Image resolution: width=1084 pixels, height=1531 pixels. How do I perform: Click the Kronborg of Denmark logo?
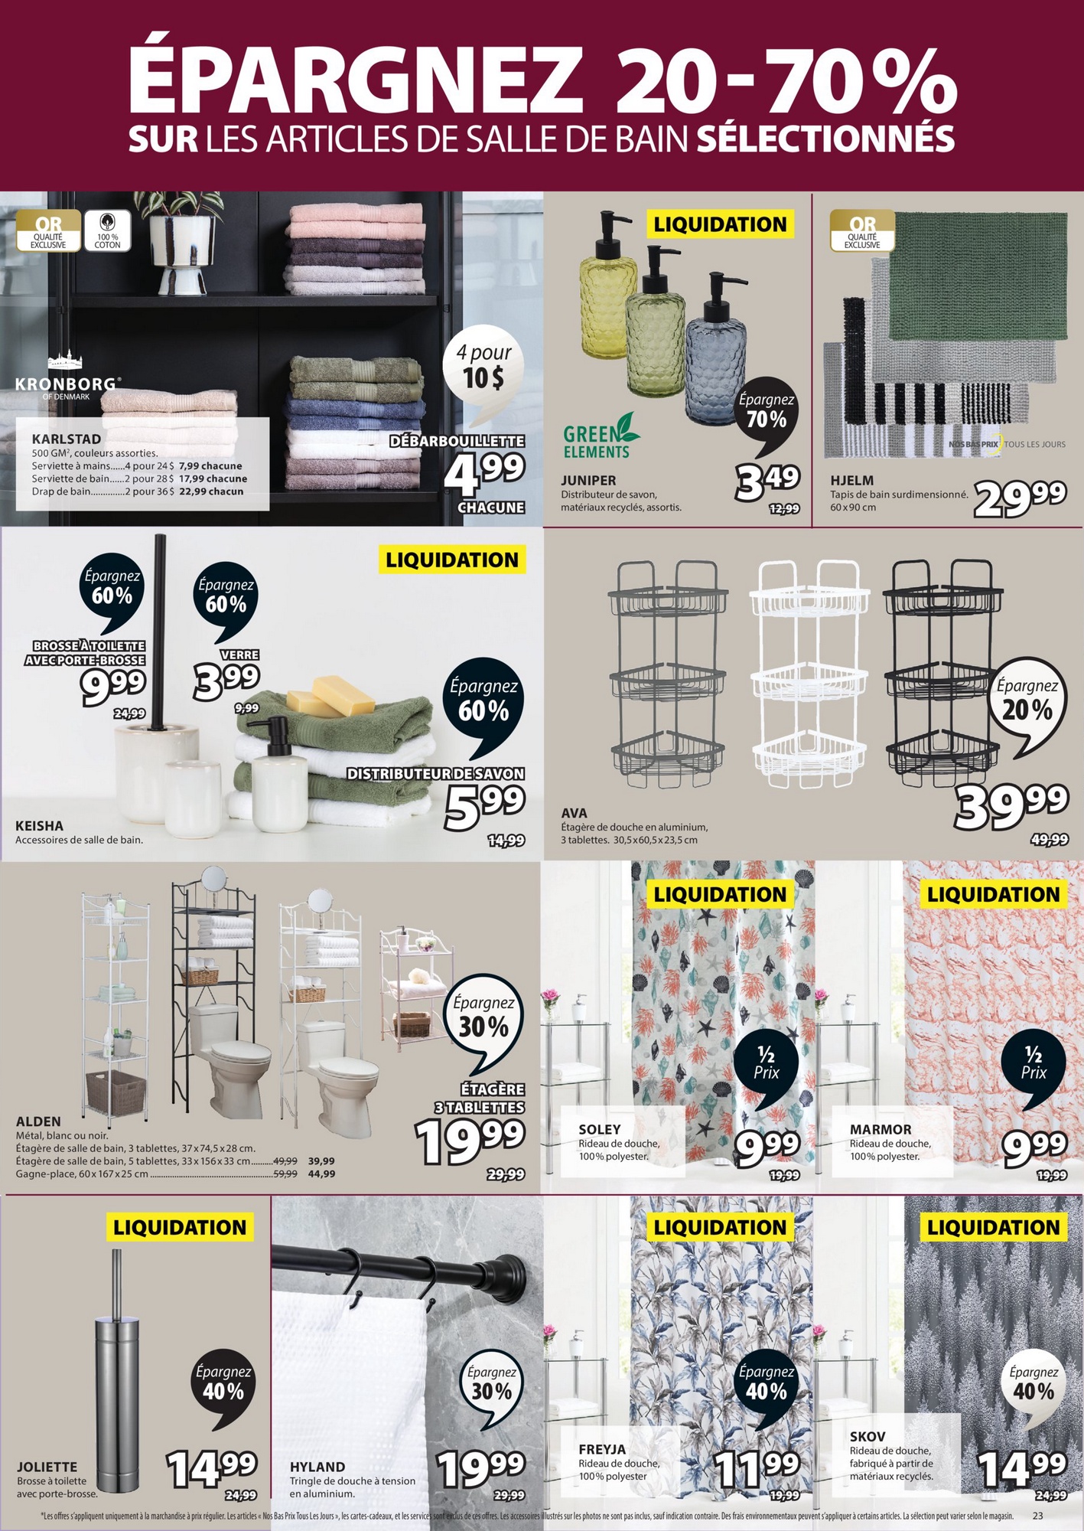pyautogui.click(x=68, y=376)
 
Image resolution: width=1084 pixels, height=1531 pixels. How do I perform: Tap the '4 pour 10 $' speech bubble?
pyautogui.click(x=483, y=372)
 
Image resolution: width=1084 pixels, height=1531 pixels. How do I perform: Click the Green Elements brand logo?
pyautogui.click(x=601, y=436)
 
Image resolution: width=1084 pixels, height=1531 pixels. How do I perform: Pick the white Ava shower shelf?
pyautogui.click(x=810, y=673)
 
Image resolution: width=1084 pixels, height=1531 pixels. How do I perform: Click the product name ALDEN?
pyautogui.click(x=38, y=1121)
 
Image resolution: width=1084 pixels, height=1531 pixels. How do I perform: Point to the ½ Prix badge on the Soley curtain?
pyautogui.click(x=766, y=1066)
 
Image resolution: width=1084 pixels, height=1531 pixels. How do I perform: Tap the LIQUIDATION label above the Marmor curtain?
pyautogui.click(x=993, y=894)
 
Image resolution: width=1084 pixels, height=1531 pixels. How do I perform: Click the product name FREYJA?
pyautogui.click(x=602, y=1450)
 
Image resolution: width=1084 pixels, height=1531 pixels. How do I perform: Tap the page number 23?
pyautogui.click(x=1037, y=1516)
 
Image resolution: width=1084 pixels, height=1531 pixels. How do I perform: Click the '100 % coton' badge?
pyautogui.click(x=108, y=231)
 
